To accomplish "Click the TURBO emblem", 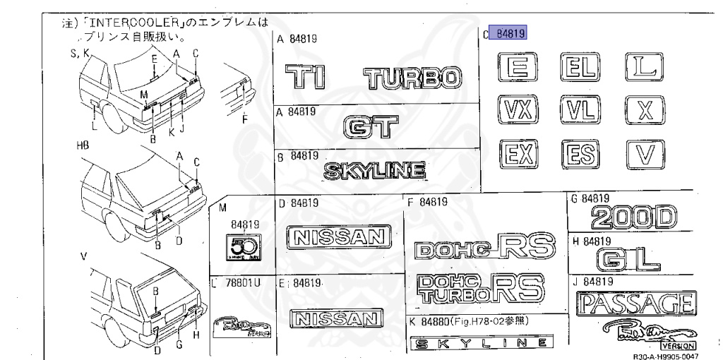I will tap(413, 78).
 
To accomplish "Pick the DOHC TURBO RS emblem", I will tap(479, 288).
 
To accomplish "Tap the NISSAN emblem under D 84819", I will tap(339, 236).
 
